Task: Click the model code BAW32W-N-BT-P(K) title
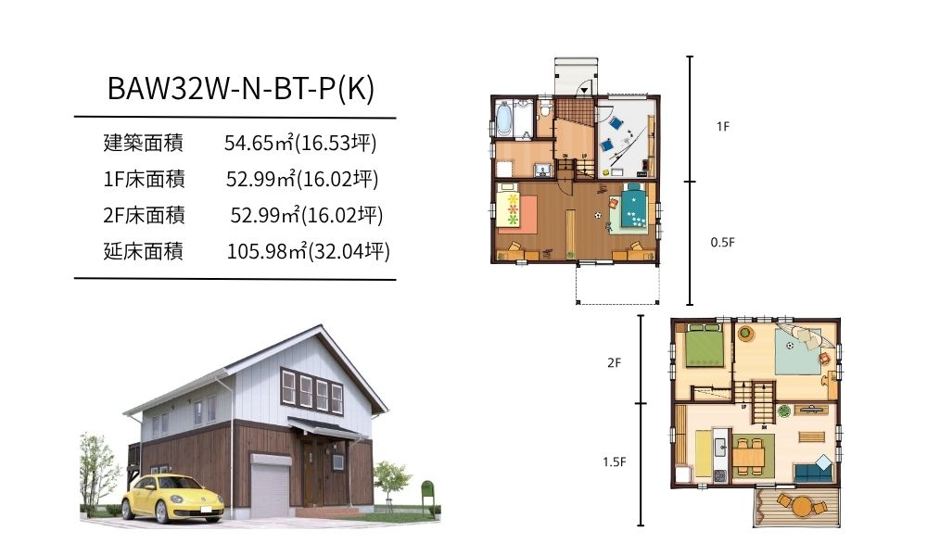tap(241, 89)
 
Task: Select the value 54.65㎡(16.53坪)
tap(300, 143)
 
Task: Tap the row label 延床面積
tap(143, 251)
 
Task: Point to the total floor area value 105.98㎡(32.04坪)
tap(309, 251)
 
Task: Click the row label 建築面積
tap(143, 143)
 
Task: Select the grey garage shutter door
tap(270, 486)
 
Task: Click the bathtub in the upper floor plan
tap(503, 120)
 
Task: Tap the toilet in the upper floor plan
tap(546, 109)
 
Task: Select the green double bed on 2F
tap(705, 346)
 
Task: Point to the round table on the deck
tap(802, 506)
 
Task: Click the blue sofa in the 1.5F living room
tap(814, 472)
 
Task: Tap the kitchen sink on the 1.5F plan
tap(720, 448)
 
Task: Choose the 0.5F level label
tap(722, 242)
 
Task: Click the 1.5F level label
tap(615, 462)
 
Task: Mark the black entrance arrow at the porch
tap(584, 90)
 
